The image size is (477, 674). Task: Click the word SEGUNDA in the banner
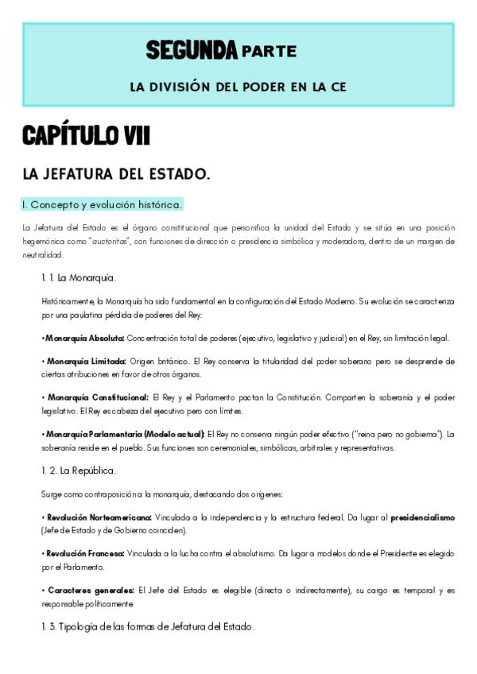pyautogui.click(x=192, y=51)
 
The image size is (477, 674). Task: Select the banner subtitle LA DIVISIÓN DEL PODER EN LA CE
pyautogui.click(x=238, y=85)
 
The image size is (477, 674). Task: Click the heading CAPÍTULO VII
pyautogui.click(x=86, y=136)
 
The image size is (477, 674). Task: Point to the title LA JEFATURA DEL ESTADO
pyautogui.click(x=116, y=173)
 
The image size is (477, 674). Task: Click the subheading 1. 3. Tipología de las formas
pyautogui.click(x=147, y=626)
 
